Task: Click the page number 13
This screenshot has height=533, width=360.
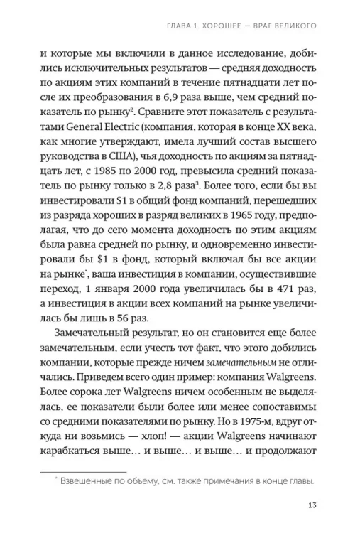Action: click(x=312, y=505)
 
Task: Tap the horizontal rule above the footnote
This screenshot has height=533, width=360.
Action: click(x=84, y=469)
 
